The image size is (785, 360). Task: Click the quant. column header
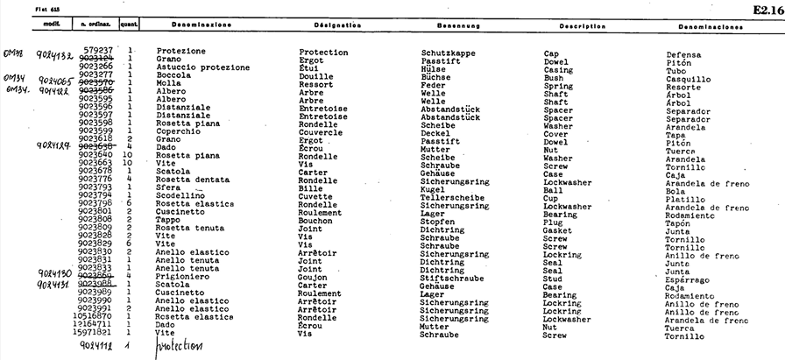(x=130, y=27)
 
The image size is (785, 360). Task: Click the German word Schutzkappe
(x=449, y=52)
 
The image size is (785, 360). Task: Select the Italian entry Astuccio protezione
(x=199, y=67)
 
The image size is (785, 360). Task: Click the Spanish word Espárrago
(x=691, y=280)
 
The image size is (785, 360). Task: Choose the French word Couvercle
(x=321, y=133)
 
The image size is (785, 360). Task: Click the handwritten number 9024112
(x=94, y=346)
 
